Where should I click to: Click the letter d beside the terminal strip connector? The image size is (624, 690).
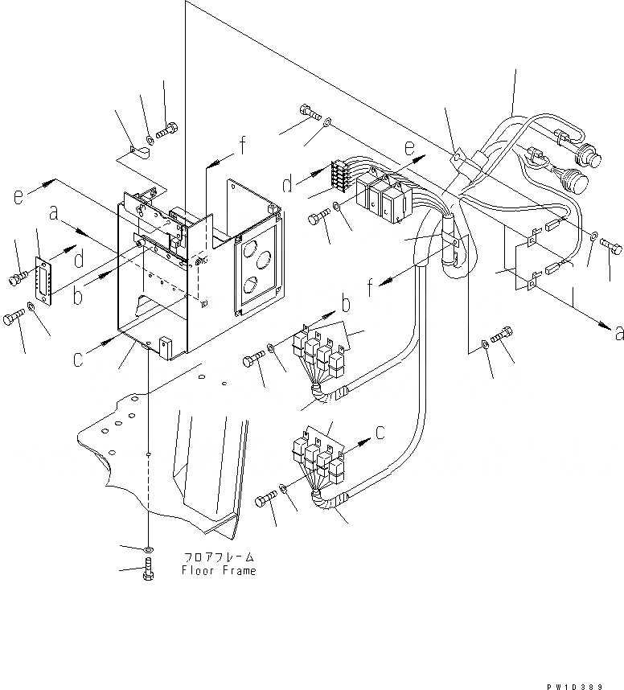pyautogui.click(x=288, y=187)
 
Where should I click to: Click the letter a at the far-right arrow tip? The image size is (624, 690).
pyautogui.click(x=618, y=332)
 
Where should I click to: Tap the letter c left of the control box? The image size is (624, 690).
pyautogui.click(x=78, y=359)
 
